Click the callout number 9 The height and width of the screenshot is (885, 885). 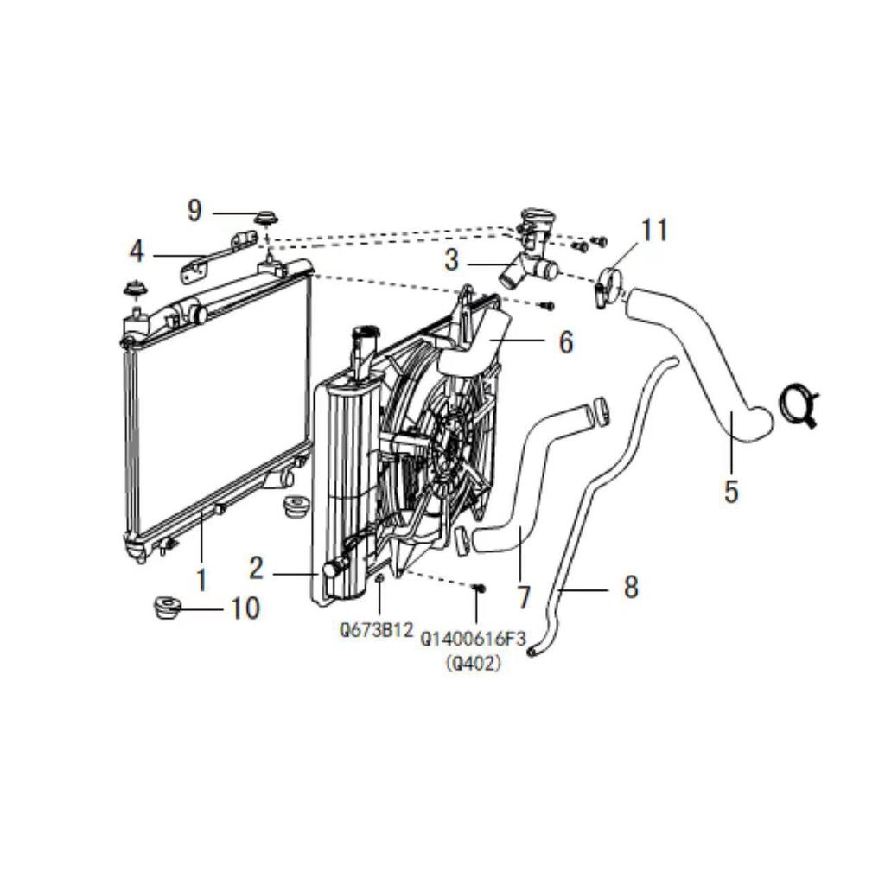[x=194, y=210]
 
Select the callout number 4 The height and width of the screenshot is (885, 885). [x=137, y=252]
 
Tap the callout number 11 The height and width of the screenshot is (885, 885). [x=654, y=230]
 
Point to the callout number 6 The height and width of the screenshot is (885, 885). [x=565, y=342]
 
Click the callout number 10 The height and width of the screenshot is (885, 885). [x=245, y=608]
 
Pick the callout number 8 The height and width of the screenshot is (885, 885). [x=630, y=588]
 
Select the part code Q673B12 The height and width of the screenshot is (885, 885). [x=375, y=631]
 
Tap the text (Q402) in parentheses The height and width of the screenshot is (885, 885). [x=473, y=664]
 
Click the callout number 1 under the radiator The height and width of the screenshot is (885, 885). [x=201, y=578]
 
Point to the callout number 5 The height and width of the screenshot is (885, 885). [x=731, y=492]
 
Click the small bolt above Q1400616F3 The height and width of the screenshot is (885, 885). [x=481, y=589]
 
